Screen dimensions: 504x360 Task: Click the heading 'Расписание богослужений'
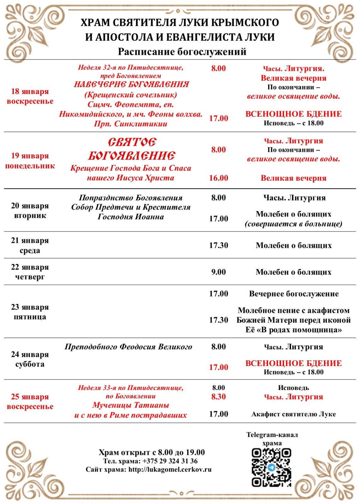182,52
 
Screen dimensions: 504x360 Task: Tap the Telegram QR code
271,467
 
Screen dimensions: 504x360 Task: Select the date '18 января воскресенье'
30,96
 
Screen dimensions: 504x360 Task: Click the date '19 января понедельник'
30,161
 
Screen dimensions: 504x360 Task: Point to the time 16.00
219,178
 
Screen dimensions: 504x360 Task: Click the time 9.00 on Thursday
219,272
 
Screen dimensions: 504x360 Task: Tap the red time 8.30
219,397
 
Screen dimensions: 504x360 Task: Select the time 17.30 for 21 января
219,245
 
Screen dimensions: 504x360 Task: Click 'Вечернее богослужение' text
294,294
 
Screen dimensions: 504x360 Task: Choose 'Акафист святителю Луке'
294,414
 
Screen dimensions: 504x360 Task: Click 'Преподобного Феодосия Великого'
128,347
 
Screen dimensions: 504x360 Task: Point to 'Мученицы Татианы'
131,405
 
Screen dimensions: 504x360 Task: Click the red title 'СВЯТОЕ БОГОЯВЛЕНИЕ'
132,149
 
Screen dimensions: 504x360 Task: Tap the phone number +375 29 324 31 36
170,461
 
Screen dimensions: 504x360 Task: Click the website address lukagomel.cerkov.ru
170,470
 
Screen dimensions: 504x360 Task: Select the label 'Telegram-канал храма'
272,439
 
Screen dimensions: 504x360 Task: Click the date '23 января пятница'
30,312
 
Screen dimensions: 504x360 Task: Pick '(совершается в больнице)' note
294,224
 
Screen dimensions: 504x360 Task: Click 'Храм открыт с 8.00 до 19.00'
151,452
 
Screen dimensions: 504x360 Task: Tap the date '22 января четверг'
30,272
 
